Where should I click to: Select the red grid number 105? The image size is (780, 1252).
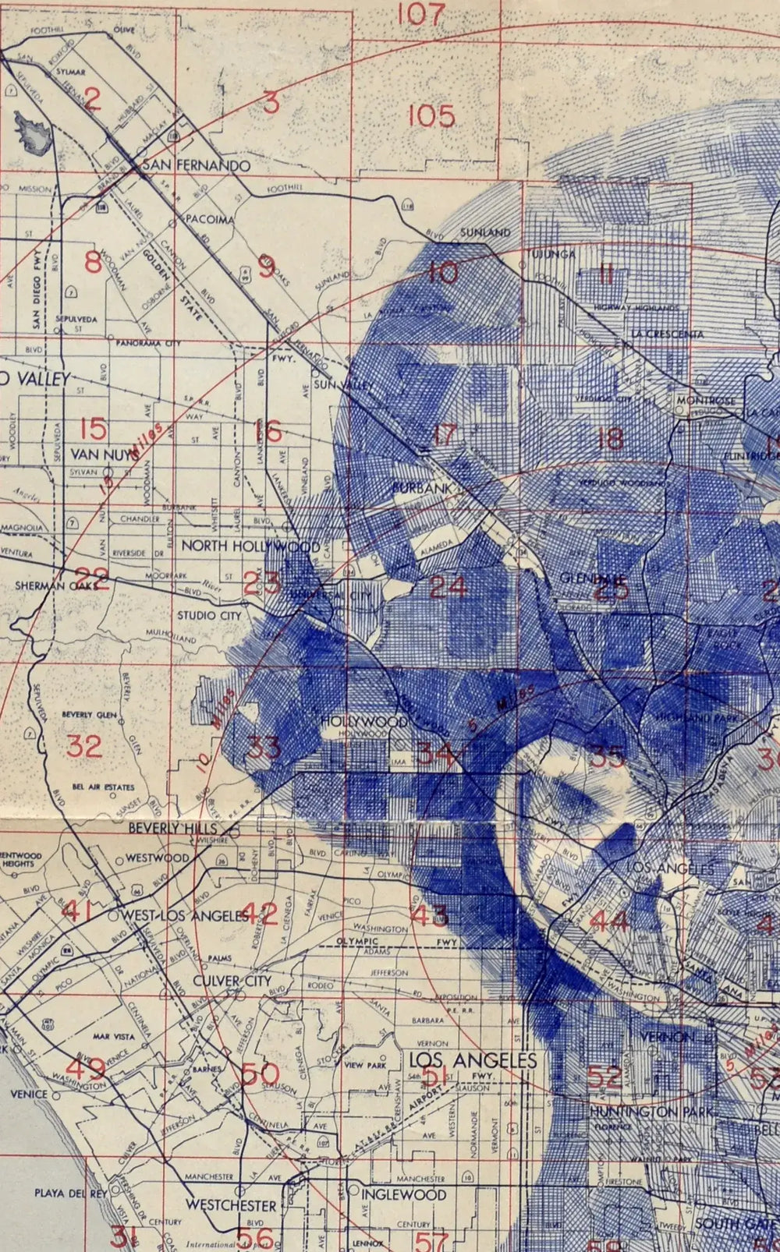click(x=431, y=116)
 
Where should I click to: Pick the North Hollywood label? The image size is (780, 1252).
click(x=250, y=546)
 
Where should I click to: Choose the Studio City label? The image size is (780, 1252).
click(x=209, y=615)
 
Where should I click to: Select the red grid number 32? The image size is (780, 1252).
click(x=83, y=746)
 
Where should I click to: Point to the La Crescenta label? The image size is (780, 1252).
click(x=668, y=334)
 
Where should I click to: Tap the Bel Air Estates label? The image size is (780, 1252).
click(x=103, y=787)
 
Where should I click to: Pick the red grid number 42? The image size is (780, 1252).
click(x=260, y=913)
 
